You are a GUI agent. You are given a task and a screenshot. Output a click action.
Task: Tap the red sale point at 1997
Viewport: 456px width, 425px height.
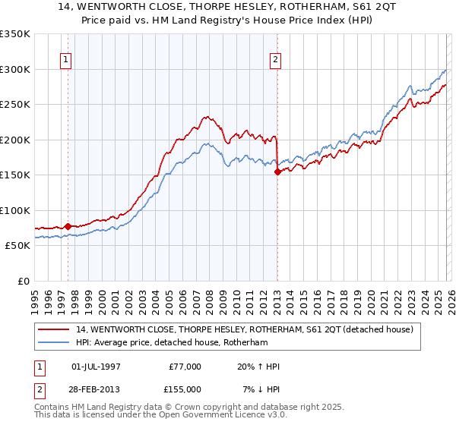coord(68,226)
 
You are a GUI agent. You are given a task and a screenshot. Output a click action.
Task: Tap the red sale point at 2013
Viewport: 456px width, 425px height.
coord(277,172)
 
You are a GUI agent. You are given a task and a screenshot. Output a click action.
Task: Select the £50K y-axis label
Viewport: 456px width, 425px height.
coord(17,246)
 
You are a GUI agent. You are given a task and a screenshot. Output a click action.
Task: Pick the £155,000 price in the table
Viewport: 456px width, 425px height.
coord(185,389)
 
